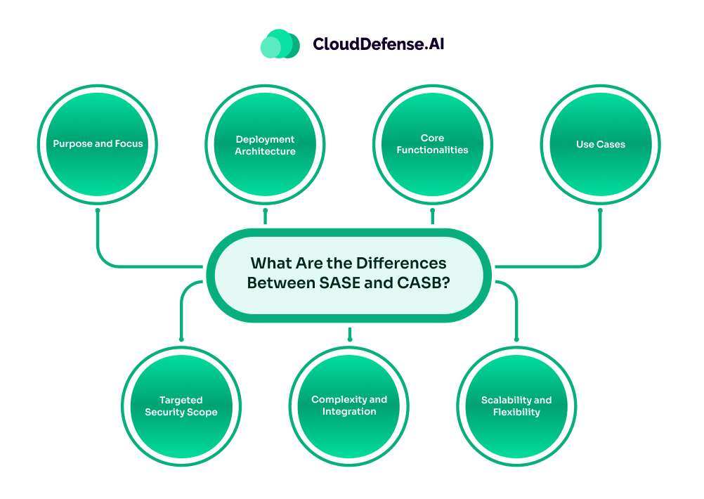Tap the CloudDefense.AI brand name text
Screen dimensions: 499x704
[379, 44]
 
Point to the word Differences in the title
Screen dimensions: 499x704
[401, 264]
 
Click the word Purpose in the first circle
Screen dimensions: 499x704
[72, 144]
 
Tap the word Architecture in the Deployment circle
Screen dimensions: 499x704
[266, 151]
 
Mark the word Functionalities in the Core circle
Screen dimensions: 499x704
[432, 150]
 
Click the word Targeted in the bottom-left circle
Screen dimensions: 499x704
[181, 400]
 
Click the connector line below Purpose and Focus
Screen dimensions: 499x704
[98, 239]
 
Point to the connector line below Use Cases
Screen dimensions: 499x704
[600, 239]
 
